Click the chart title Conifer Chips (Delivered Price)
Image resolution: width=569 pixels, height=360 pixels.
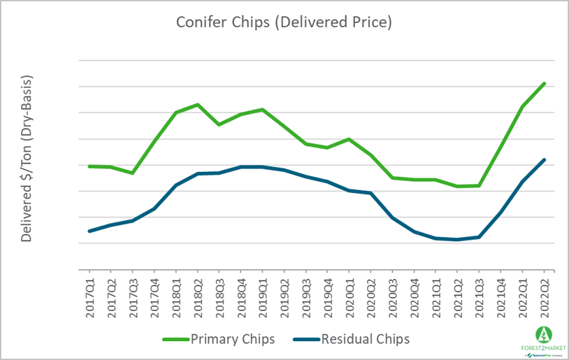click(283, 22)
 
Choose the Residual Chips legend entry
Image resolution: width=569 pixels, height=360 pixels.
click(353, 339)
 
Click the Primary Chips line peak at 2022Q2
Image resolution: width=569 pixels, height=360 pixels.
click(545, 83)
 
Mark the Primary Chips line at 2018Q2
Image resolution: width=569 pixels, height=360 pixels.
click(198, 105)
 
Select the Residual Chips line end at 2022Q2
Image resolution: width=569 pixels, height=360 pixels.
click(545, 159)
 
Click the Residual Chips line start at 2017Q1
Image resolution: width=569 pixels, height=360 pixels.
click(89, 231)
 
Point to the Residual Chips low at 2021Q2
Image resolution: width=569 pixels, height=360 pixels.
click(458, 240)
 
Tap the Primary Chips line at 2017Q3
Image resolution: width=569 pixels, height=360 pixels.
click(133, 173)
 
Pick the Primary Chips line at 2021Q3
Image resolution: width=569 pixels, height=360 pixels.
click(480, 186)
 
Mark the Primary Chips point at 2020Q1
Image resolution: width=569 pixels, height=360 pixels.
click(350, 139)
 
